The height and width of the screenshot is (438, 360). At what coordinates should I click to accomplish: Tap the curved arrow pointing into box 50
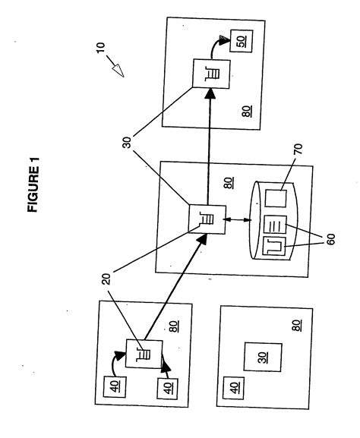(224, 44)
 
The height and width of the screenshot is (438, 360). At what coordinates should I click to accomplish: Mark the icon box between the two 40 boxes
(141, 353)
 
